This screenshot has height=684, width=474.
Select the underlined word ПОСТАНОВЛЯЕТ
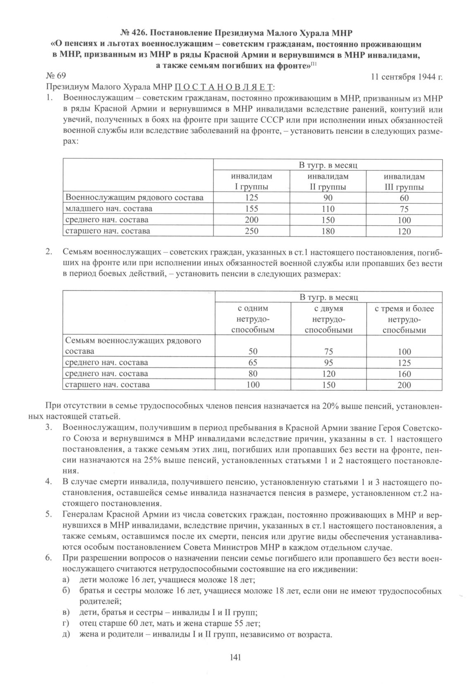click(x=225, y=88)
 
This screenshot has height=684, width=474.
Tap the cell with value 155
click(x=251, y=209)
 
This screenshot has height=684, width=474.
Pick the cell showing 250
click(x=251, y=231)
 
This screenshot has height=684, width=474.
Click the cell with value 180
click(x=328, y=231)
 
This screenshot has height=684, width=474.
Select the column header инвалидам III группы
click(x=404, y=182)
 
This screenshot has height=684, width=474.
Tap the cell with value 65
click(x=253, y=363)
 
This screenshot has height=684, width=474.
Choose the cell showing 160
click(x=404, y=374)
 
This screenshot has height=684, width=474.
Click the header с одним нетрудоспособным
click(x=253, y=319)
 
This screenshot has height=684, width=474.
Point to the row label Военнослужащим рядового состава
click(x=135, y=198)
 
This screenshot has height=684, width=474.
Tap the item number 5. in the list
click(x=48, y=515)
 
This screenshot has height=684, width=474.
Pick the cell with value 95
click(x=328, y=363)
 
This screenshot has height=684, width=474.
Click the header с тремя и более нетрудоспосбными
click(x=404, y=319)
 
